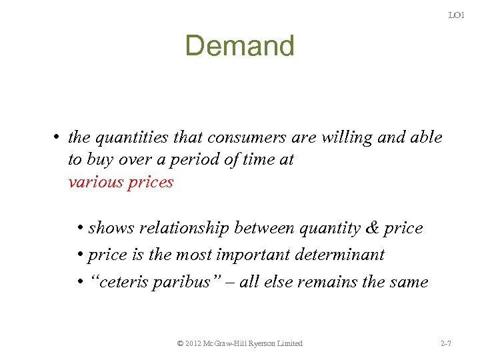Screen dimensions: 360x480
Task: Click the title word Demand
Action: [x=239, y=46]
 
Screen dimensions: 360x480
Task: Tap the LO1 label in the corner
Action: [x=456, y=15]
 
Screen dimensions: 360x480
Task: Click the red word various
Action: [x=94, y=182]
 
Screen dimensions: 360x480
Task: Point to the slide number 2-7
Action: [x=447, y=343]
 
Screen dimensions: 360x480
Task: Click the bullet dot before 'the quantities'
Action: [x=59, y=138]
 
